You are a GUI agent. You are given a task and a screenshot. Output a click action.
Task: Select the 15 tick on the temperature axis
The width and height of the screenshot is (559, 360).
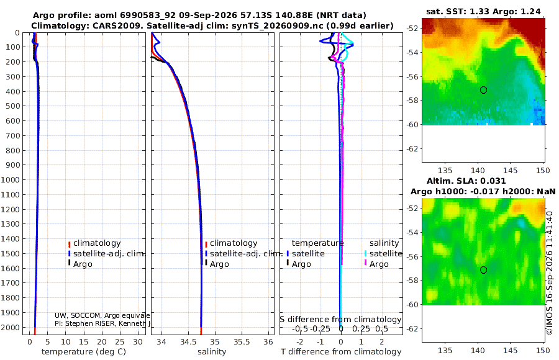click(x=83, y=342)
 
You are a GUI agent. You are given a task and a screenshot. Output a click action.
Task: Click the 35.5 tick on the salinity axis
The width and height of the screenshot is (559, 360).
click(x=242, y=342)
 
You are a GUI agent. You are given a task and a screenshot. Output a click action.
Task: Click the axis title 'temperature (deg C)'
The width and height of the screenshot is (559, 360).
click(x=84, y=352)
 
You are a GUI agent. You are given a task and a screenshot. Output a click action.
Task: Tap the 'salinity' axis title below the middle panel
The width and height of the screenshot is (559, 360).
click(x=212, y=352)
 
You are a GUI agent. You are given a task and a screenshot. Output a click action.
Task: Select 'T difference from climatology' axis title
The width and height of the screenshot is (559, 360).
click(x=341, y=352)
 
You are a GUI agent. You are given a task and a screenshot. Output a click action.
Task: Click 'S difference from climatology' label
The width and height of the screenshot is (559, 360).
click(x=340, y=320)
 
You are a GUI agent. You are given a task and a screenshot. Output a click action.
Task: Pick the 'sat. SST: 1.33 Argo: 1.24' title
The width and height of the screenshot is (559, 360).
click(x=483, y=11)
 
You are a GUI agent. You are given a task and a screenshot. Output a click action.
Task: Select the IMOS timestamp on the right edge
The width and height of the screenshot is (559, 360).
click(x=550, y=273)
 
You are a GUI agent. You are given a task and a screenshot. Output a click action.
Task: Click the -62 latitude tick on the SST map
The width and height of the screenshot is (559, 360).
click(x=413, y=148)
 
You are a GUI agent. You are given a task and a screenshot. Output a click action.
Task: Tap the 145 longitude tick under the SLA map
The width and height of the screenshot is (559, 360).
click(x=510, y=350)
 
